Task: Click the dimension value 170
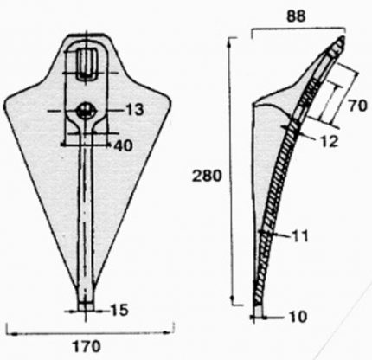click(87, 346)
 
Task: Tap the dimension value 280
click(207, 176)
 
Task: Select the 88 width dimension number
click(296, 16)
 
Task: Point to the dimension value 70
click(357, 106)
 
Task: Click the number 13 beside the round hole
click(134, 110)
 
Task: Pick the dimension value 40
click(124, 146)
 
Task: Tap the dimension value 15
click(119, 311)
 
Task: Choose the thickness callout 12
click(329, 142)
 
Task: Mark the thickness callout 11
click(300, 236)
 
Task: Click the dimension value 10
click(298, 317)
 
